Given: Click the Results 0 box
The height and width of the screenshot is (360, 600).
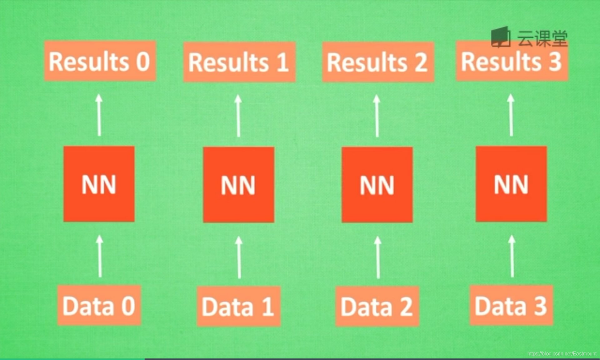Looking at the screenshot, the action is click(100, 61).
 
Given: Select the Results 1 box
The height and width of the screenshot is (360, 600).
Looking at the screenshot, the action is click(239, 62).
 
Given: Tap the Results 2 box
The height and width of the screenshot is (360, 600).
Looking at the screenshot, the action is click(378, 62).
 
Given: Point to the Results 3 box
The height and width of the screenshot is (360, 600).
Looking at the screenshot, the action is click(511, 61).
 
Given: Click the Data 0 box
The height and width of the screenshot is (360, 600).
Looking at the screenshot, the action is click(99, 305).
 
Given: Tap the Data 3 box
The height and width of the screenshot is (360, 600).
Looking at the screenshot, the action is click(511, 305).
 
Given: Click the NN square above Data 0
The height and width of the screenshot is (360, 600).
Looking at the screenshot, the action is click(99, 183).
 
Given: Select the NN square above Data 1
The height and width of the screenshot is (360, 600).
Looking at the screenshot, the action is click(238, 184).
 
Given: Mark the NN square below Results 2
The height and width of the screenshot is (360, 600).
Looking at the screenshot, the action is click(377, 184).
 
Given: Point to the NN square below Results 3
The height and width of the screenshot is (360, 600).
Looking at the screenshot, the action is click(511, 183).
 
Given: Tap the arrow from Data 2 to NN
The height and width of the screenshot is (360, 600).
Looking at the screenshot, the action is click(378, 257).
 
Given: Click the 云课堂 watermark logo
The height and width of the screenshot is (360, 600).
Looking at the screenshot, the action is click(529, 37).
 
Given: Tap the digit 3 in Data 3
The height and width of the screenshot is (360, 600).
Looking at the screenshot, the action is click(540, 305).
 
